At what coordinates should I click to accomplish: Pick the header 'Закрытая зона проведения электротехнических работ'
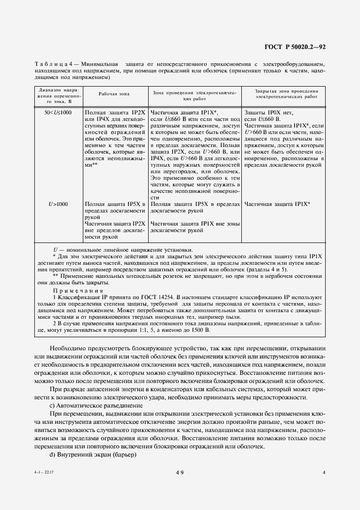pyautogui.click(x=286, y=93)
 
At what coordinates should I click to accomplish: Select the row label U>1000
pyautogui.click(x=58, y=204)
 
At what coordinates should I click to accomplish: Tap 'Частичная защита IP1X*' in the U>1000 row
pyautogui.click(x=277, y=204)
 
